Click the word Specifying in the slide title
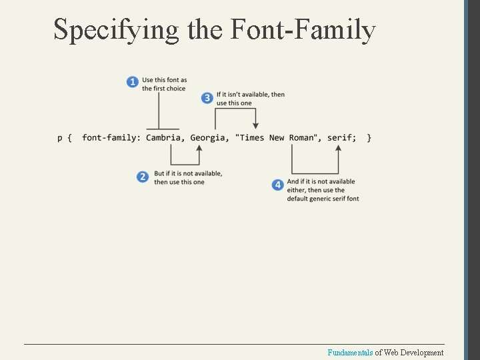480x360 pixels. tap(116, 30)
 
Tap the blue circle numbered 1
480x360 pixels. tap(133, 82)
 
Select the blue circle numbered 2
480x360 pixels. tap(143, 177)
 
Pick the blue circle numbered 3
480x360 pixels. tap(207, 99)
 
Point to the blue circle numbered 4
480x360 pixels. tap(278, 185)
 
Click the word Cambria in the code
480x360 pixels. tap(165, 137)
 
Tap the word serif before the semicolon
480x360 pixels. tap(341, 137)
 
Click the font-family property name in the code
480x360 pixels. tap(111, 137)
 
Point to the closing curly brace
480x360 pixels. tap(369, 137)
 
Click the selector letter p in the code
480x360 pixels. tap(59, 138)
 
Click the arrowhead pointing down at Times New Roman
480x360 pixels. tap(255, 125)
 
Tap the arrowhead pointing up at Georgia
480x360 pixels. tap(199, 149)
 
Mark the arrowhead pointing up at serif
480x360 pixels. tap(338, 149)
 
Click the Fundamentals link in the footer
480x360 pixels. tap(350, 353)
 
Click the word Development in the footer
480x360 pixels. tap(421, 353)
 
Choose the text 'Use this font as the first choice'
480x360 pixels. tap(164, 84)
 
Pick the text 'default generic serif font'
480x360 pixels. tap(323, 199)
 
